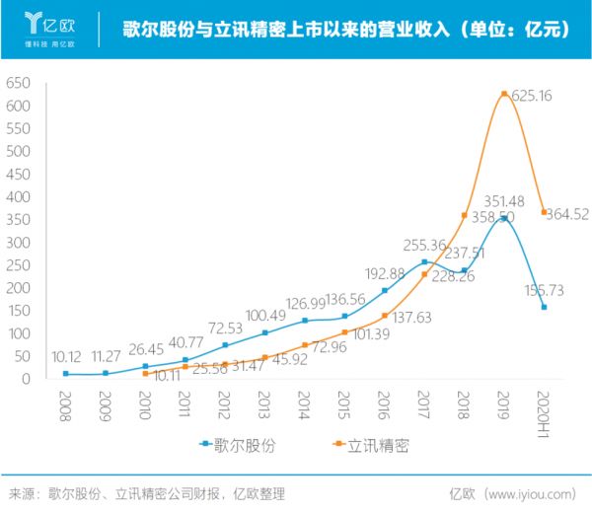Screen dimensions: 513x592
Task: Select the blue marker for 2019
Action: coord(504,218)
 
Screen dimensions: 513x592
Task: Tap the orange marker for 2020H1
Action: coord(544,212)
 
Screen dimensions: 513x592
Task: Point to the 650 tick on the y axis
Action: coord(18,83)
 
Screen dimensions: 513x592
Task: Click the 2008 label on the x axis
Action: coord(66,404)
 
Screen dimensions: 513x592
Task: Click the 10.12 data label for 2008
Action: coord(65,356)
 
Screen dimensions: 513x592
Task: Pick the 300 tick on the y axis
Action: coord(18,243)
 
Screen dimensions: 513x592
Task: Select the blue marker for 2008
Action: coord(66,374)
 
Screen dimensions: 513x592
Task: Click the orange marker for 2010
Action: coord(146,374)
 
